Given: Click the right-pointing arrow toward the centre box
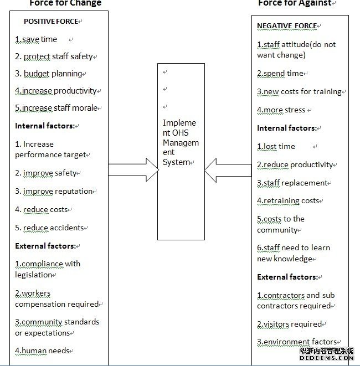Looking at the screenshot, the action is (x=133, y=169).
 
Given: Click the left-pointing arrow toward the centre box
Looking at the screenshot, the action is (x=228, y=171).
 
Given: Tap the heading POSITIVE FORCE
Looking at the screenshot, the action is (x=51, y=22).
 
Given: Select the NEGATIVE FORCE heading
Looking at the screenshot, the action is (x=287, y=26).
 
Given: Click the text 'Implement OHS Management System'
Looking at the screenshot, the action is (x=181, y=142).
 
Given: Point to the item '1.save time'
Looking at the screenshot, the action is (x=36, y=39).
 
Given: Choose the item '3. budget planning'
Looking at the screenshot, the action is (x=49, y=74).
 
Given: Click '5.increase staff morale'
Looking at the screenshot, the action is (x=56, y=108).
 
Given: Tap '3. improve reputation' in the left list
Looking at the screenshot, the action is (x=54, y=192).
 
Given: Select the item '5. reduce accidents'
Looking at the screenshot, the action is (x=49, y=228).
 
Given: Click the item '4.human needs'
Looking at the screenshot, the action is (x=42, y=350).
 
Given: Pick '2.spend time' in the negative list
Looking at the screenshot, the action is (x=280, y=73).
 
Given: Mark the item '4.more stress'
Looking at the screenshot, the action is (x=281, y=110).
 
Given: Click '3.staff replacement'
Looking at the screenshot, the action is (x=292, y=183).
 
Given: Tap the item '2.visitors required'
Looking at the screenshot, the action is (x=290, y=324).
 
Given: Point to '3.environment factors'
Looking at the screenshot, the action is (x=297, y=342).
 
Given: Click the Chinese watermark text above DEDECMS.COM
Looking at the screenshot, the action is (x=327, y=351).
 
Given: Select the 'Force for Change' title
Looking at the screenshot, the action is (x=65, y=3).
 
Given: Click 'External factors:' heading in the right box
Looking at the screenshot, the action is (x=287, y=277).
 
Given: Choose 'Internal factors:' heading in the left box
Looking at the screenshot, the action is (x=45, y=126).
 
